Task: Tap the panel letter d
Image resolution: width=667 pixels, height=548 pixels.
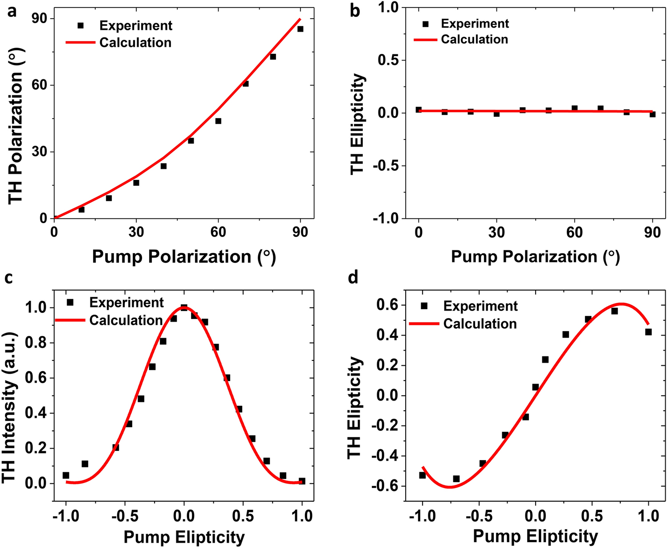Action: click(353, 278)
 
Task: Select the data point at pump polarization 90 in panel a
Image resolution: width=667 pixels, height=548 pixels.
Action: click(300, 29)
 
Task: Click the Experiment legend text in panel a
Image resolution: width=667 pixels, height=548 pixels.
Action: click(136, 25)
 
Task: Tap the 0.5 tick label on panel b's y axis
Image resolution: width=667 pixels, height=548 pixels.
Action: click(389, 60)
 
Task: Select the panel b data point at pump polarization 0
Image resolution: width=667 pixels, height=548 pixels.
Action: click(419, 110)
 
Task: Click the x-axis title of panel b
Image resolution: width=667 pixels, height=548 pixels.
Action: click(535, 257)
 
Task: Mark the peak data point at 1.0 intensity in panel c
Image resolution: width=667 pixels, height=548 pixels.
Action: click(184, 308)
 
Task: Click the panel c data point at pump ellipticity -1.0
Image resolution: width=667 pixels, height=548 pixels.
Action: click(66, 475)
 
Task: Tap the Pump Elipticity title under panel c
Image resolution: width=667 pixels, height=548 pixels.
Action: click(184, 537)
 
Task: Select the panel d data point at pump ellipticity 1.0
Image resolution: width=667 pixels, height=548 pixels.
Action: click(648, 332)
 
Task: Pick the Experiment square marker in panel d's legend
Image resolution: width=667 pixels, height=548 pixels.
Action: click(424, 306)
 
